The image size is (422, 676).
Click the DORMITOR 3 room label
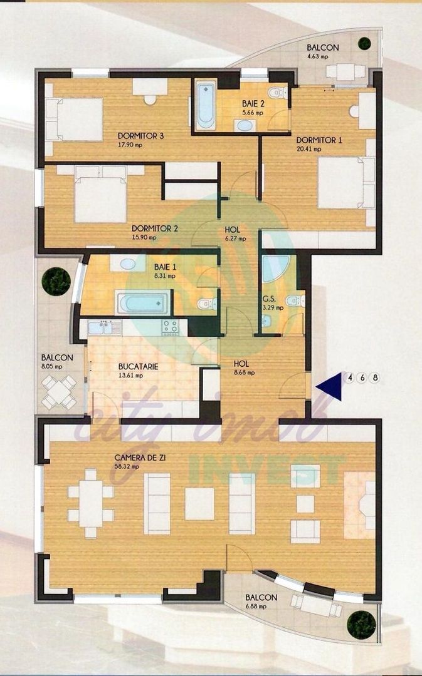click(141, 136)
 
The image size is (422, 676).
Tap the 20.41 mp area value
click(309, 149)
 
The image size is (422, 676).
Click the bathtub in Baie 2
click(205, 104)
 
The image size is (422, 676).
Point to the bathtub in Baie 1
click(142, 304)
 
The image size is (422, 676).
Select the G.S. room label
click(269, 299)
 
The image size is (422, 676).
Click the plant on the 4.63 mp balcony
click(364, 43)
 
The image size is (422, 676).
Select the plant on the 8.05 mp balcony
click(56, 281)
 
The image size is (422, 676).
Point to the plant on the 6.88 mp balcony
click(362, 625)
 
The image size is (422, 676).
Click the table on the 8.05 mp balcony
click(60, 393)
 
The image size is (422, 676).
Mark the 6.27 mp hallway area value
click(235, 238)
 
